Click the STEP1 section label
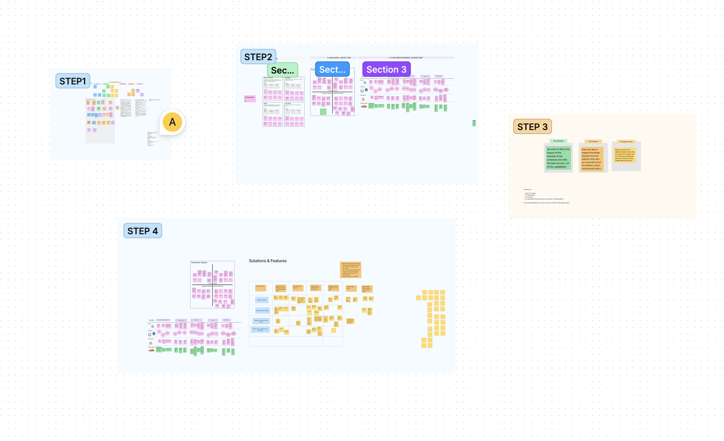point(73,81)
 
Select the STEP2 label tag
point(258,57)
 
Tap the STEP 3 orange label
point(532,127)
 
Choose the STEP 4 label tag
point(142,231)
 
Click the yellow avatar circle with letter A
point(172,122)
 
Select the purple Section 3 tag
point(386,69)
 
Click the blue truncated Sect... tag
point(332,69)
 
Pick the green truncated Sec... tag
point(282,70)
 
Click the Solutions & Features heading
point(268,261)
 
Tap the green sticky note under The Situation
point(558,158)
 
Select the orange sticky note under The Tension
point(592,159)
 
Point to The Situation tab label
point(558,141)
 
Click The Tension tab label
point(593,141)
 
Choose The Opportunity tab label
point(626,141)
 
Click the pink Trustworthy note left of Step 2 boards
point(250,98)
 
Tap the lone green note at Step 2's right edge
point(474,123)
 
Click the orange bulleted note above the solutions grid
point(350,270)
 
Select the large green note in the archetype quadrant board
point(323,111)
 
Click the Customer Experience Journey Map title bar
point(406,58)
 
